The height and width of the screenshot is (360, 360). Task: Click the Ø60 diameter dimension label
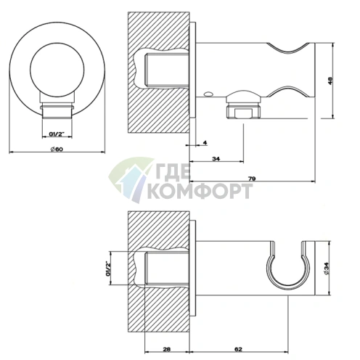pyautogui.click(x=57, y=150)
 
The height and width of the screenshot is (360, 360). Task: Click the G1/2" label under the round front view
pyautogui.click(x=57, y=134)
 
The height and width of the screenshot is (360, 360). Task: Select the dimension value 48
pyautogui.click(x=330, y=81)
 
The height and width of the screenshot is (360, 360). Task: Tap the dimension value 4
pyautogui.click(x=205, y=143)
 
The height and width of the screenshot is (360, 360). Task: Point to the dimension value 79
pyautogui.click(x=252, y=179)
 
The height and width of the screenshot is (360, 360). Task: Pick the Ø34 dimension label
pyautogui.click(x=327, y=269)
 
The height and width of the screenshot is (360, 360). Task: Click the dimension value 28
pyautogui.click(x=167, y=349)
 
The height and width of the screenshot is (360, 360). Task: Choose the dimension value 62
pyautogui.click(x=238, y=349)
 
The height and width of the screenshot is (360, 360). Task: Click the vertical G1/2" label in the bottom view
pyautogui.click(x=108, y=269)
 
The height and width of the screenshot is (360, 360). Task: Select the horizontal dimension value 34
pyautogui.click(x=216, y=159)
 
